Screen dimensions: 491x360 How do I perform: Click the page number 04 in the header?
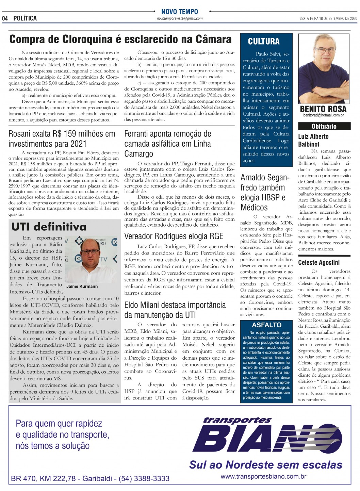[x=5, y=18]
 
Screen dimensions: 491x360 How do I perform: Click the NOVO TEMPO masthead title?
[x=179, y=12]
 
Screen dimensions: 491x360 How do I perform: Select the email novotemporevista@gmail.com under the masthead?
[x=180, y=19]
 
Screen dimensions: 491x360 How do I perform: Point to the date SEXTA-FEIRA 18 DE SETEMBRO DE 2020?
[x=328, y=19]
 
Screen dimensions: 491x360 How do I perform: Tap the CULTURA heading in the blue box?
[x=264, y=42]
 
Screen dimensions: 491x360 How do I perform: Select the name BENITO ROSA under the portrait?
[x=323, y=109]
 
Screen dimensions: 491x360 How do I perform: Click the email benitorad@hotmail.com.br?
[x=323, y=115]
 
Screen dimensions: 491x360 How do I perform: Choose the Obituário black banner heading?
[x=324, y=127]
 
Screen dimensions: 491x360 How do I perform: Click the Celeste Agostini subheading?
[x=319, y=263]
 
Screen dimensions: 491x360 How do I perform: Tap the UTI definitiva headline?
[x=49, y=227]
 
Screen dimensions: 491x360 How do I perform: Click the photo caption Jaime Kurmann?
[x=82, y=287]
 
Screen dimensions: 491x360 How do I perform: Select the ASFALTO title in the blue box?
[x=267, y=325]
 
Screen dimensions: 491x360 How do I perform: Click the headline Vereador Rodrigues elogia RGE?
[x=174, y=236]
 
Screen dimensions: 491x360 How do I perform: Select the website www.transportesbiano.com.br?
[x=263, y=476]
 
